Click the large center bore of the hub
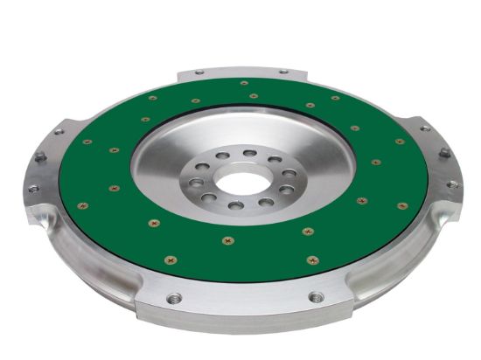tap(241, 183)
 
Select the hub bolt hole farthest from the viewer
tap(249, 153)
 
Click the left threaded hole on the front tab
tap(174, 298)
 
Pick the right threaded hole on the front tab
tap(316, 297)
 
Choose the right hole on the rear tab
tap(282, 71)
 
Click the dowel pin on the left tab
tap(39, 157)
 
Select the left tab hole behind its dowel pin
tap(58, 132)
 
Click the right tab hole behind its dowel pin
tap(425, 128)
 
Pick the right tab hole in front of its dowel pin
tap(452, 183)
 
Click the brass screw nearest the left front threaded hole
tap(170, 260)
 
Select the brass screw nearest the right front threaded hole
tap(312, 260)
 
